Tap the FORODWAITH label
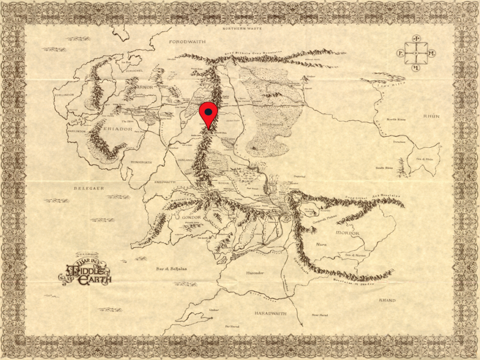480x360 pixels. click(x=187, y=42)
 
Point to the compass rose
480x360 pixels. click(x=416, y=53)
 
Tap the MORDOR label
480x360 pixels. click(x=347, y=233)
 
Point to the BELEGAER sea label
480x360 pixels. click(x=88, y=188)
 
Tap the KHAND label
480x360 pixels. click(x=387, y=300)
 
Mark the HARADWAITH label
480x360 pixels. click(x=270, y=313)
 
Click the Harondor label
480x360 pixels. click(x=255, y=272)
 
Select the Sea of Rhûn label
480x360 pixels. click(x=425, y=159)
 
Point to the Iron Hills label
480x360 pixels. click(x=393, y=87)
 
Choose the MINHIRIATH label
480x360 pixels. click(x=140, y=162)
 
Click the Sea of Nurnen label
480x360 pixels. click(x=354, y=255)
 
